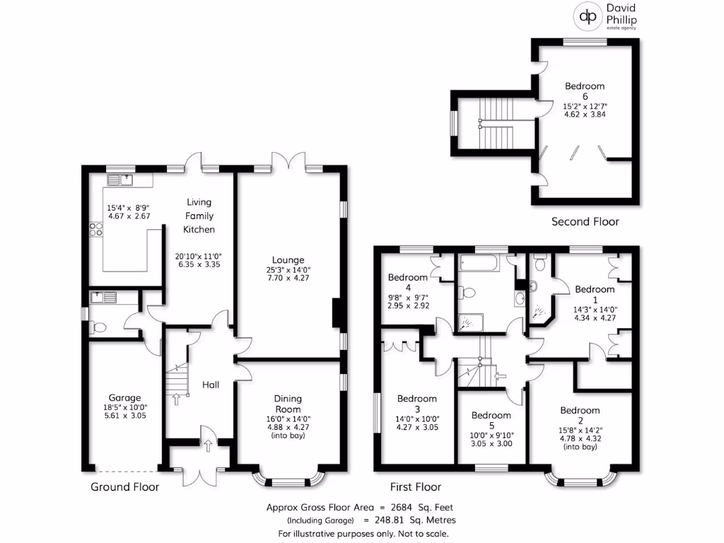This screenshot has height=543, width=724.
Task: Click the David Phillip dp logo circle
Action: [586, 16]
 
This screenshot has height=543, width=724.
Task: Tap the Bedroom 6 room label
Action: [585, 91]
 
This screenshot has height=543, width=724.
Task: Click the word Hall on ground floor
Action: [211, 385]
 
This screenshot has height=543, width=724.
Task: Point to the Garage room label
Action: [124, 397]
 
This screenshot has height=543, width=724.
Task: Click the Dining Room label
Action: [288, 404]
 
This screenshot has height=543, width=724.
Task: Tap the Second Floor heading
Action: [585, 221]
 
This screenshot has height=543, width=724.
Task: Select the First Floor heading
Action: [416, 486]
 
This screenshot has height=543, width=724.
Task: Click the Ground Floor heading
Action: [124, 486]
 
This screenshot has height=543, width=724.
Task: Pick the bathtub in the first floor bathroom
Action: [478, 264]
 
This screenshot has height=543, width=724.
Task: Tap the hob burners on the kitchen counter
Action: [94, 229]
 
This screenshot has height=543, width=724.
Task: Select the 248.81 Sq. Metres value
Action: [415, 520]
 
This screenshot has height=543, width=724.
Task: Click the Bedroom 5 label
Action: [491, 415]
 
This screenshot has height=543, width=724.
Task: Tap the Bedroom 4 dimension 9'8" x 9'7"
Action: [407, 298]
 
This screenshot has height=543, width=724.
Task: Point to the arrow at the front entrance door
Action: [209, 445]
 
